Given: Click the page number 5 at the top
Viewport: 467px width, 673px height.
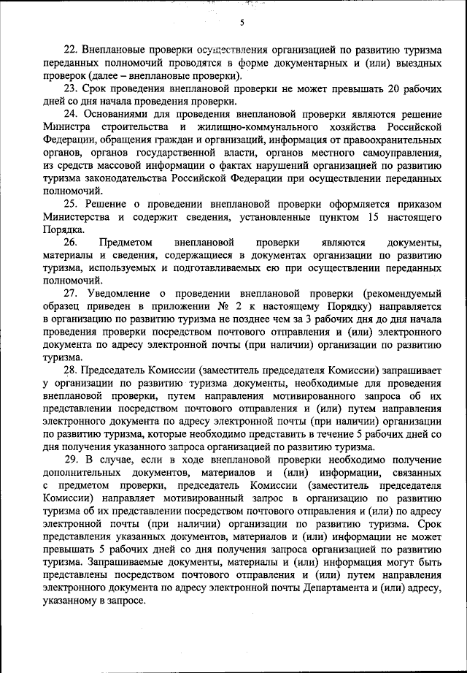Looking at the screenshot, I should pyautogui.click(x=241, y=23).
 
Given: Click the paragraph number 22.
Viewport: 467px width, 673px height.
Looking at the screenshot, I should pyautogui.click(x=72, y=50).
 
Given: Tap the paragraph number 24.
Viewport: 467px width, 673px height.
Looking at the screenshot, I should pyautogui.click(x=72, y=115).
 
